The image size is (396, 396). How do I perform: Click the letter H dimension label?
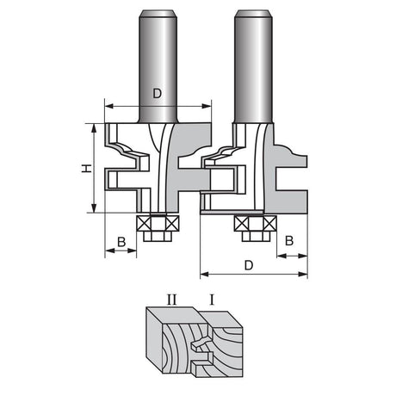[86, 169]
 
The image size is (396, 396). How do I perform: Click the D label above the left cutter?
[157, 93]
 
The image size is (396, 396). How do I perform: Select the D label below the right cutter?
[249, 265]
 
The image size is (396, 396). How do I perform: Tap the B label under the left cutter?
[121, 242]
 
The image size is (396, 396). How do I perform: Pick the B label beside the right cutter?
[289, 240]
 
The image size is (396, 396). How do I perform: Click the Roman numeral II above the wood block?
[172, 300]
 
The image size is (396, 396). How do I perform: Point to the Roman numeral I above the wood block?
[212, 300]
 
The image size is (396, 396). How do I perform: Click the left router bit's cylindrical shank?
[158, 66]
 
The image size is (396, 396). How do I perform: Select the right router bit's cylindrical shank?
[253, 66]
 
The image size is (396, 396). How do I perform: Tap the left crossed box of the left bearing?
[144, 223]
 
